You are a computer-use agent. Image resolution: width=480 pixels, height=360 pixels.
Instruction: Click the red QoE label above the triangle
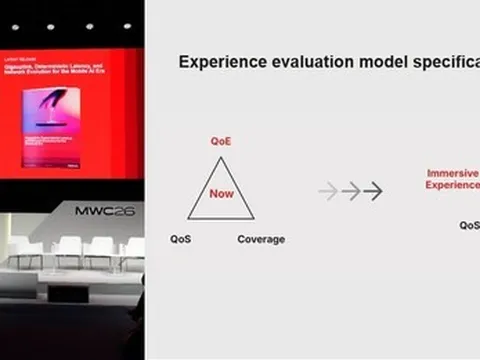[x=221, y=142]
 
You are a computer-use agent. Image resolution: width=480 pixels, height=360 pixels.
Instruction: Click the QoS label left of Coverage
[x=181, y=239]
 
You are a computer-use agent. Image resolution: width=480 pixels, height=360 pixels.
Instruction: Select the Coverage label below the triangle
[x=261, y=239]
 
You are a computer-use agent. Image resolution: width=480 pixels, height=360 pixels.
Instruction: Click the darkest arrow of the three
[x=373, y=191]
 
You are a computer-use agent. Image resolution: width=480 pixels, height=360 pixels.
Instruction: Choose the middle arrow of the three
[x=351, y=191]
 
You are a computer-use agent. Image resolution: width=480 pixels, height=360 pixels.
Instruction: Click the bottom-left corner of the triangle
[x=188, y=219]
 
